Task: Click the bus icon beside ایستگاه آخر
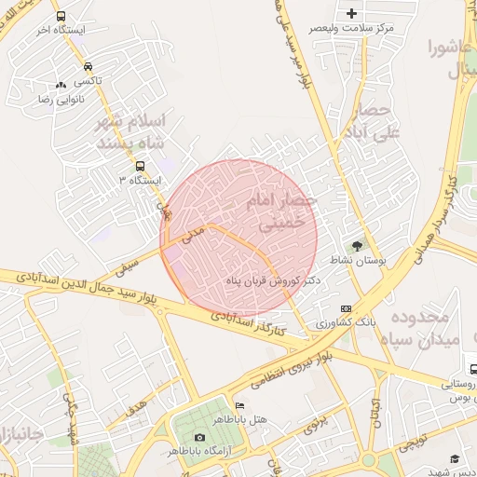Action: [61, 17]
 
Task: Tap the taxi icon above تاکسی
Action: [87, 67]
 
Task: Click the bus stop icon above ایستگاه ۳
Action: [140, 167]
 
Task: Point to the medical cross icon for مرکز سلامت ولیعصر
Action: [351, 13]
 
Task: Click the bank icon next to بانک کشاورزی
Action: [347, 309]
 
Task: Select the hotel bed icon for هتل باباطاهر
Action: [239, 406]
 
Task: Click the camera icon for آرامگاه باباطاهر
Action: [199, 438]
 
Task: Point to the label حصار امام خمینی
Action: [284, 211]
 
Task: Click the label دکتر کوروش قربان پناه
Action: [275, 279]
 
